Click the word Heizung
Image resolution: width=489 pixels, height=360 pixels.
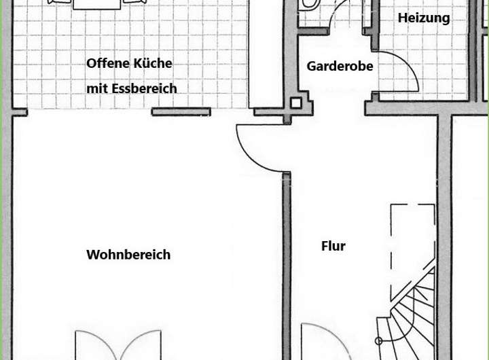coord(424,18)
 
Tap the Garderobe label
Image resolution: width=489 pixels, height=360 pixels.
coord(340,67)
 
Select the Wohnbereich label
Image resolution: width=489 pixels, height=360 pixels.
coord(128,255)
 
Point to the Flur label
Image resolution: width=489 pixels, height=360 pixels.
coord(333,246)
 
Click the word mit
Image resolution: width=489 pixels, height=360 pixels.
coord(97,88)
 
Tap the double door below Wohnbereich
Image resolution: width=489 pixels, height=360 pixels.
coord(118,343)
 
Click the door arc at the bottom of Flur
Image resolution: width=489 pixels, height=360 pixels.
coord(323,340)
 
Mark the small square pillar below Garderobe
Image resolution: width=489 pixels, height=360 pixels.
coord(296,103)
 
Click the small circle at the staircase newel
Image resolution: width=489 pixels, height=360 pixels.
coord(379,341)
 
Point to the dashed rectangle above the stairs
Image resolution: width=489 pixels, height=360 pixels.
coord(413,251)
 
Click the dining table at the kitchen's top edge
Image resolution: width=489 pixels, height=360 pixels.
coord(96,3)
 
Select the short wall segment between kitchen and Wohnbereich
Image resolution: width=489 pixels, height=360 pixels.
coord(181,112)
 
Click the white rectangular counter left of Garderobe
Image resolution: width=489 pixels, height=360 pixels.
coord(266,54)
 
